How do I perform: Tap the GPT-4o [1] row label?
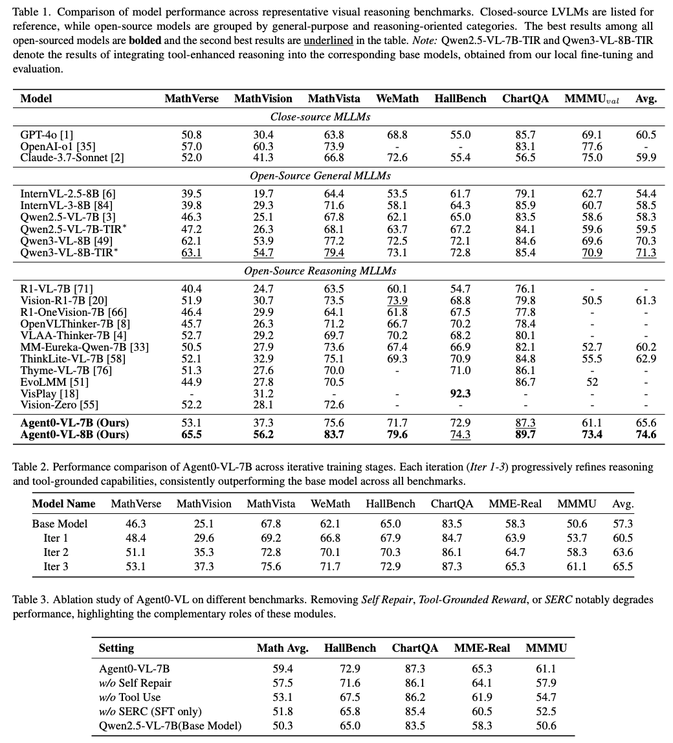(47, 135)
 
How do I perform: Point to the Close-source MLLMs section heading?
(320, 117)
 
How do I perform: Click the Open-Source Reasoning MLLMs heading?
(320, 271)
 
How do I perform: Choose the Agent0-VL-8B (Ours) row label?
(74, 434)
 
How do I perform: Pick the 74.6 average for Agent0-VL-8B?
(646, 434)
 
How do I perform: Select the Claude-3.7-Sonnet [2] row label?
(72, 157)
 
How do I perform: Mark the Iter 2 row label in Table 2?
(56, 552)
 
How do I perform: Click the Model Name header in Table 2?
(63, 504)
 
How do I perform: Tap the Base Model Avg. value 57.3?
(623, 524)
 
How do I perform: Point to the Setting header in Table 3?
(116, 648)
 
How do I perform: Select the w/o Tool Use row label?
(130, 697)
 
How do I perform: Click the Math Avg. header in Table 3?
(282, 648)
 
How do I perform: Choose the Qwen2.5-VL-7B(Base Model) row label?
(170, 726)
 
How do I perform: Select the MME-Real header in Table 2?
(514, 504)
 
